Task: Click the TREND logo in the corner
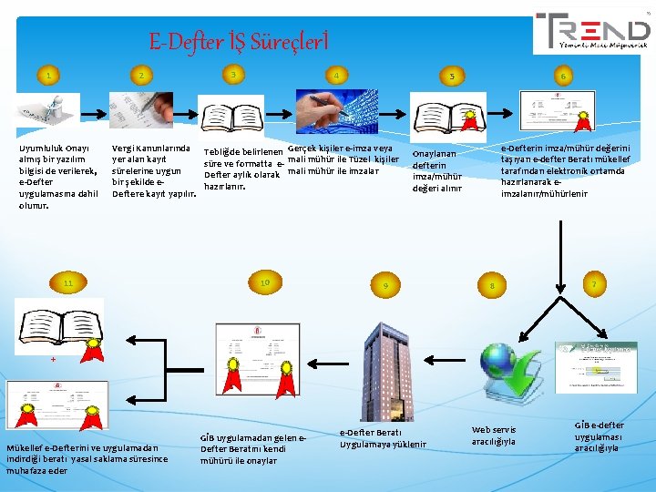point(592,32)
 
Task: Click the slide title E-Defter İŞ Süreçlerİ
point(238,41)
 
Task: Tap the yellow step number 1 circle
point(48,75)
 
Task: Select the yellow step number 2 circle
point(141,75)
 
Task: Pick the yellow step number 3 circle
point(234,73)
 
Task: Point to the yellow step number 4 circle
point(337,75)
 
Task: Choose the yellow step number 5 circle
point(451,76)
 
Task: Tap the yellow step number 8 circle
point(492,286)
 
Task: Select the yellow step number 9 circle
point(385,286)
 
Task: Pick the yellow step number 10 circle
point(264,283)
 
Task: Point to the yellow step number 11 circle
point(67,283)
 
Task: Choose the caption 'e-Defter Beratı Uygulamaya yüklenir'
point(383,437)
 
